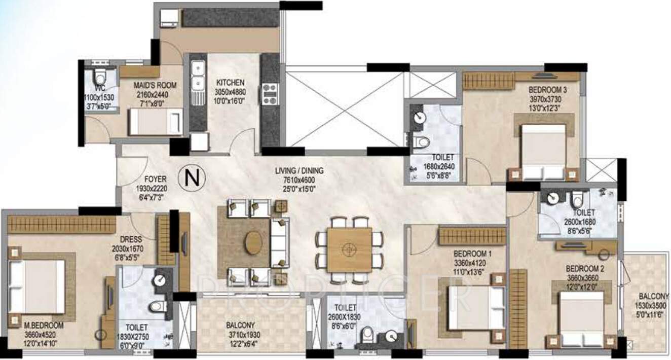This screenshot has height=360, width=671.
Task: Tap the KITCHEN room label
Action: coord(231,82)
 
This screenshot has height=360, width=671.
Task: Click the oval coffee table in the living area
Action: coord(252,242)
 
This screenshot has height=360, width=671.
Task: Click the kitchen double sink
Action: coord(198,75)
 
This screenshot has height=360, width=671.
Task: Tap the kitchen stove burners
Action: coord(269,94)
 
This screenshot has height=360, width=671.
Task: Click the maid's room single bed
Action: coord(156,122)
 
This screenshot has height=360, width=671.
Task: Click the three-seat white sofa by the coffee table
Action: coord(279,242)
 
